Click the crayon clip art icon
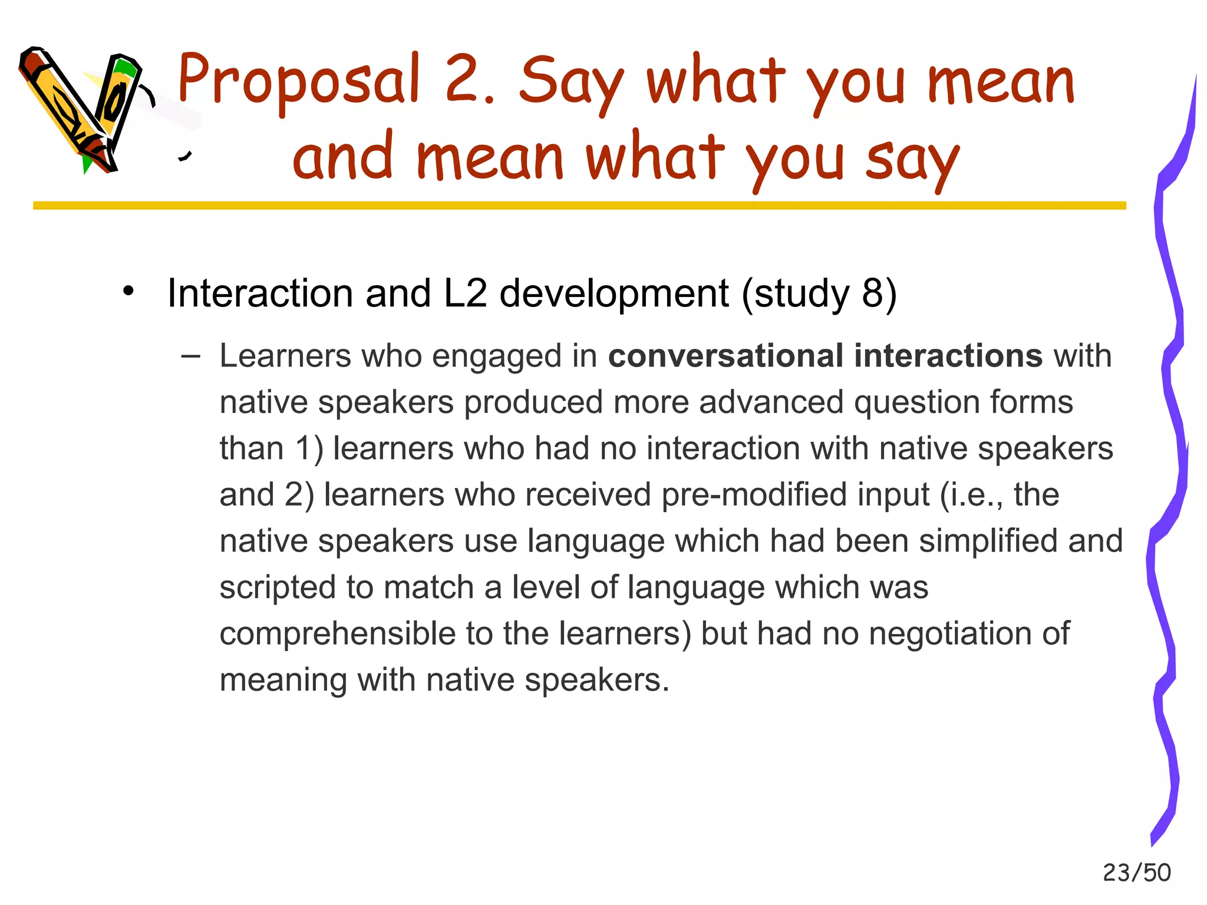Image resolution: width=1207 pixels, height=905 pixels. click(83, 109)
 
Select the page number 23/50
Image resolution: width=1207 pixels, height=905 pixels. click(1136, 873)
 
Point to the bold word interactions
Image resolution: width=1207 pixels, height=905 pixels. click(948, 356)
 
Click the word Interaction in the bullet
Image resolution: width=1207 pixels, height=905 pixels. click(260, 293)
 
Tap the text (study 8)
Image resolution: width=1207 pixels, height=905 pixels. click(819, 293)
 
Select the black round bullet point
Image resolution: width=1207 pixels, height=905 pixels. click(128, 291)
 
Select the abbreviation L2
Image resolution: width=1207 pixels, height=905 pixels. click(465, 293)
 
